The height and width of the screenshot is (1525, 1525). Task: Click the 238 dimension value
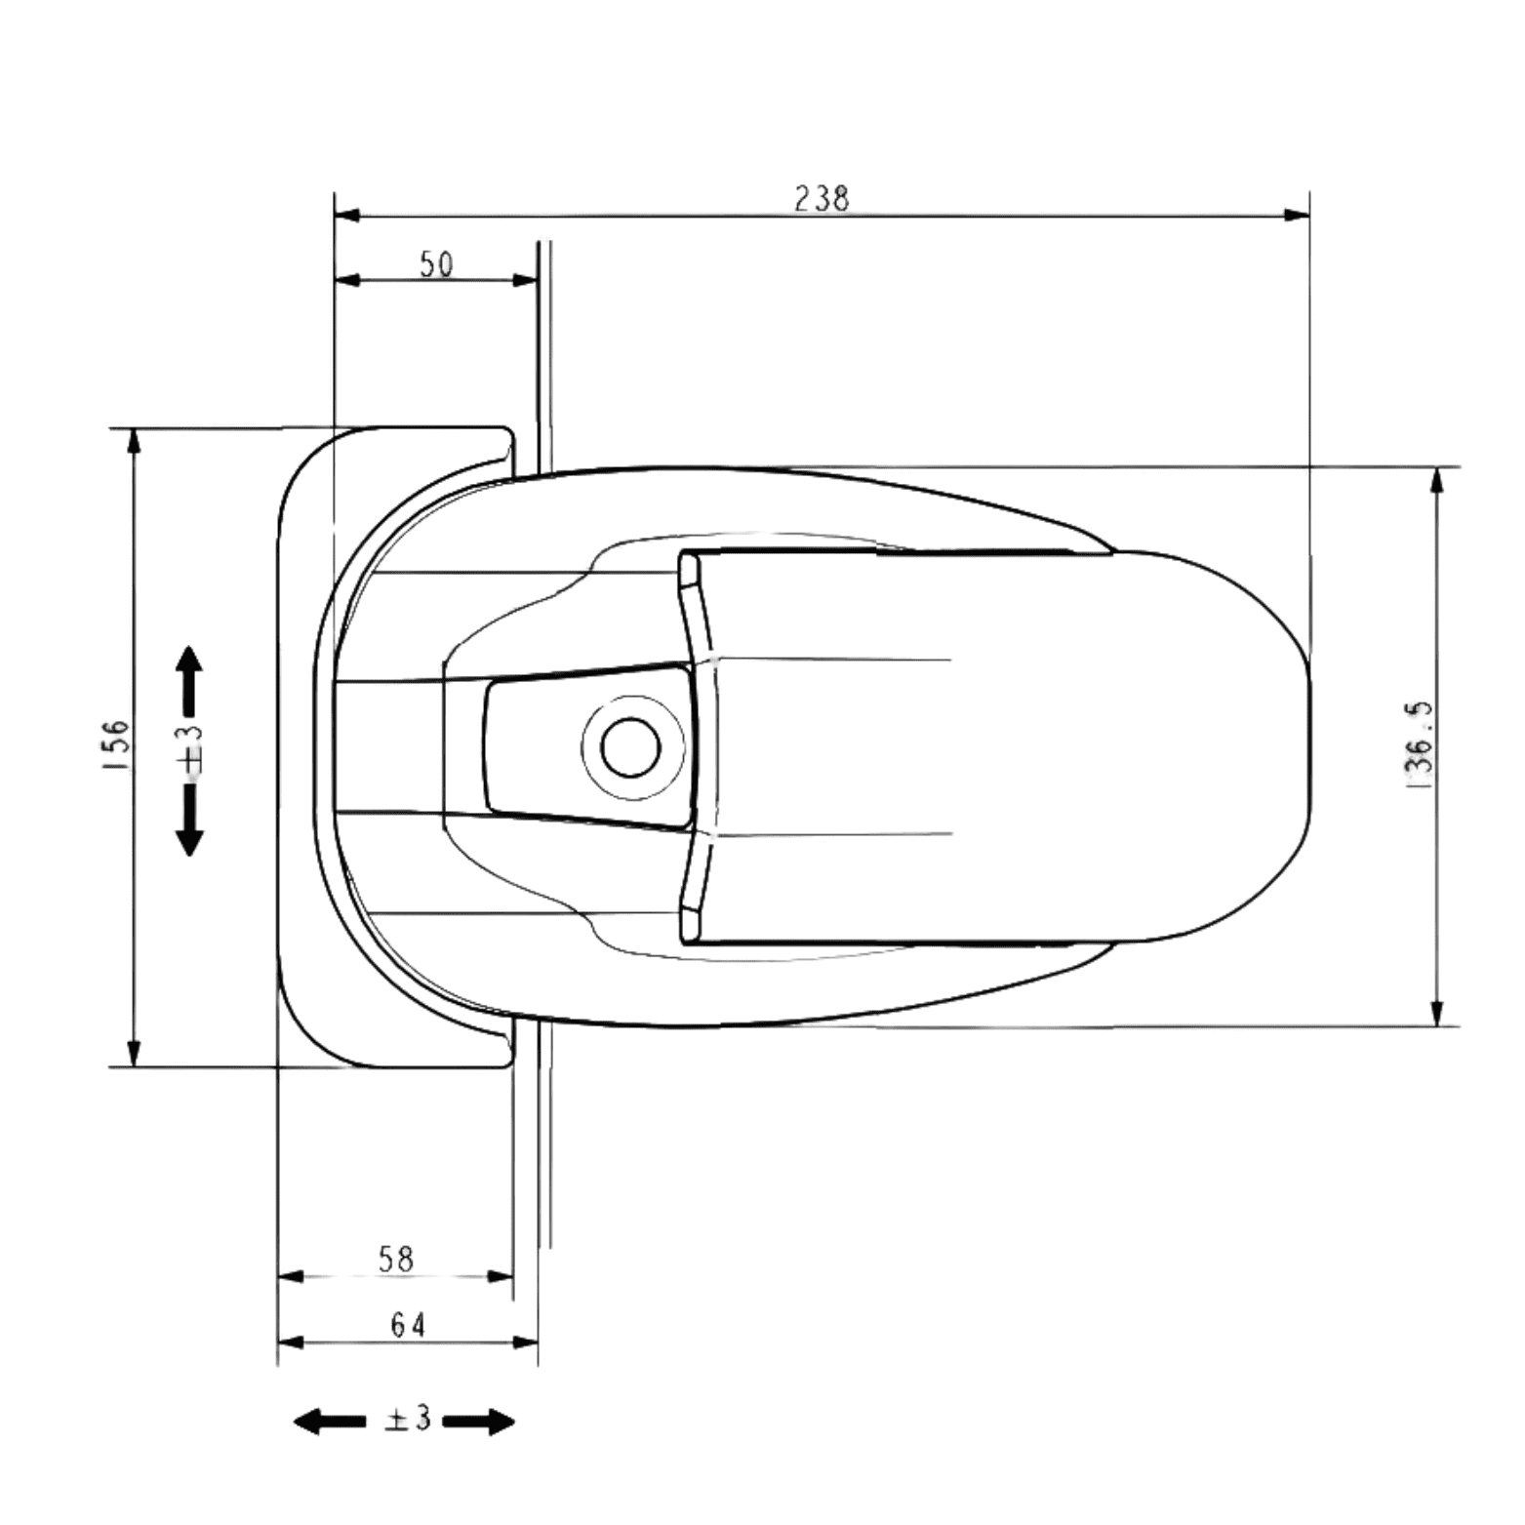(x=822, y=198)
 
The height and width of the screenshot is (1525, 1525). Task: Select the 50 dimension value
(x=436, y=264)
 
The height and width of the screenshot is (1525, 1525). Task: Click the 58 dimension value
(x=395, y=1260)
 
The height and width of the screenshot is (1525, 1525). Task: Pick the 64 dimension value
(x=408, y=1326)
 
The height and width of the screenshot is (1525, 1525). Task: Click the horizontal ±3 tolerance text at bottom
(x=407, y=1420)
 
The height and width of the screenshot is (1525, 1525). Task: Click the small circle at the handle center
(x=631, y=746)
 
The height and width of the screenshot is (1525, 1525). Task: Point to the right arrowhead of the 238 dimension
(x=1297, y=215)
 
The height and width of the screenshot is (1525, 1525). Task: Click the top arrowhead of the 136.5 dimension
(x=1436, y=480)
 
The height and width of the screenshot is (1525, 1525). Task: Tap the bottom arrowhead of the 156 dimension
(x=134, y=1054)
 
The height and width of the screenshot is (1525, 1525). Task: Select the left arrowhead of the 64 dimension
(x=292, y=1343)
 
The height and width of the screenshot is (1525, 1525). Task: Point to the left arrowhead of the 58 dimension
(x=292, y=1276)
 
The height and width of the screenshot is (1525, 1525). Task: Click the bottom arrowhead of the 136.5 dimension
(x=1436, y=1013)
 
